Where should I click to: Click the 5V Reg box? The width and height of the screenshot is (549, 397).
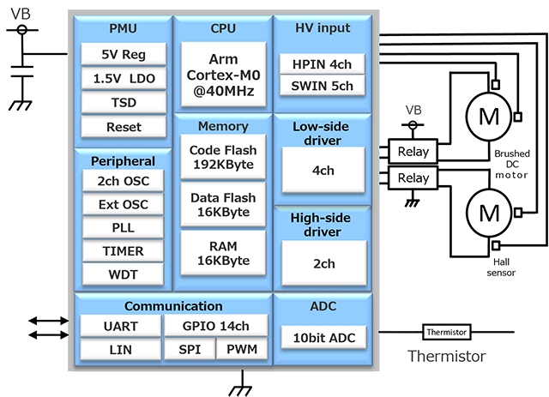[x=124, y=54]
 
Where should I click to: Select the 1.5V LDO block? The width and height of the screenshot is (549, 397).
[x=124, y=78]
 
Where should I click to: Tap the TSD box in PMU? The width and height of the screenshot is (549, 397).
[x=124, y=102]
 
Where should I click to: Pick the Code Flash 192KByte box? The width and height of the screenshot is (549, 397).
[x=222, y=157]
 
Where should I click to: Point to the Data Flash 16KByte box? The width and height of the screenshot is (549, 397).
[x=222, y=205]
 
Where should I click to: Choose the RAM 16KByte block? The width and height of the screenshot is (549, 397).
[x=222, y=254]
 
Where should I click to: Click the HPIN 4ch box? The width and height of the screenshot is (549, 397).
[x=323, y=63]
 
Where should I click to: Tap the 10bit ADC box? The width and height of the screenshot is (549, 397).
[x=323, y=338]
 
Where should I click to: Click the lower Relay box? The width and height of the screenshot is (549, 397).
[x=413, y=178]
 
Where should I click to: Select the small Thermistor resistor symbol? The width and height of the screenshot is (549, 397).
[x=446, y=332]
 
